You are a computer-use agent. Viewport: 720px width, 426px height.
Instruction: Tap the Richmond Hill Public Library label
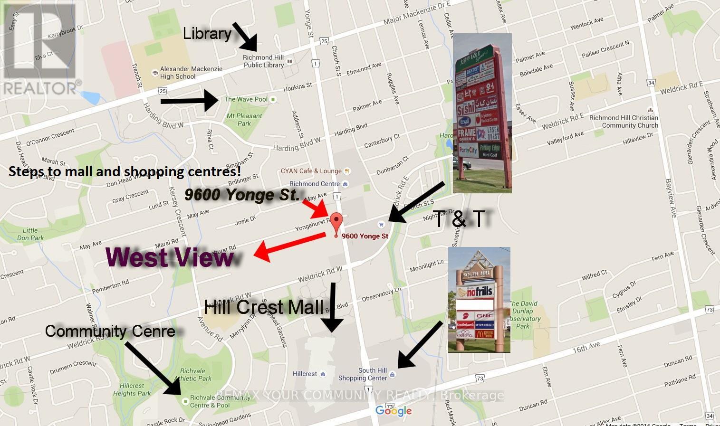coord(263,61)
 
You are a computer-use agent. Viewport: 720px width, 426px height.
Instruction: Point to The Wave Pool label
coord(246,99)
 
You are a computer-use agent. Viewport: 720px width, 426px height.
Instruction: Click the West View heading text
coord(170,257)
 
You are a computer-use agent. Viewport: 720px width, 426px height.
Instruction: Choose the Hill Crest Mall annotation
coord(263,307)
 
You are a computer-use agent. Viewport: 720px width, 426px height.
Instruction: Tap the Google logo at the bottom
coord(394,411)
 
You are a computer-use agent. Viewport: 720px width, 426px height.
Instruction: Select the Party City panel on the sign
coord(468,151)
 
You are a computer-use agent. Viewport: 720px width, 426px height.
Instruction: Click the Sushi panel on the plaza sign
coord(466,110)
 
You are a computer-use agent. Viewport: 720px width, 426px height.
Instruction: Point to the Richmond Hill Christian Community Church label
coord(624,122)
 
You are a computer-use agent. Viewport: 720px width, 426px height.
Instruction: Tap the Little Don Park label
coord(30,234)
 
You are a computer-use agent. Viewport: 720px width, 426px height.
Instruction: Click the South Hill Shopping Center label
coord(363,374)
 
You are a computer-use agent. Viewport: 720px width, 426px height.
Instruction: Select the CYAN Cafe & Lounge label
coord(311,171)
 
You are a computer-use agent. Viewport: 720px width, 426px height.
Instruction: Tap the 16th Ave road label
coord(586,348)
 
